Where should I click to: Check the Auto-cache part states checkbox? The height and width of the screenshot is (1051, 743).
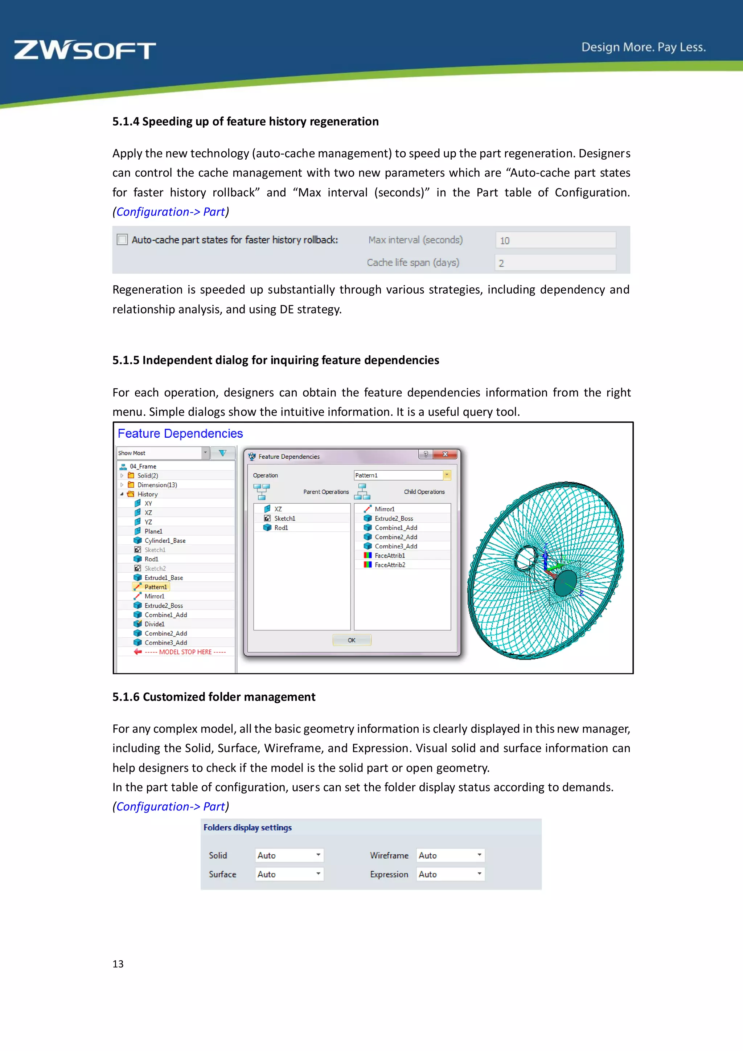point(122,240)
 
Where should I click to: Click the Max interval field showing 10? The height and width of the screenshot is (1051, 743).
point(555,240)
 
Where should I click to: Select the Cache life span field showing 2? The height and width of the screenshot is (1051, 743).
point(555,263)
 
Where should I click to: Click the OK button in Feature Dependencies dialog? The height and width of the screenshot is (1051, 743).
point(352,640)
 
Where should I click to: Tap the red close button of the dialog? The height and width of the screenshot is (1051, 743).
point(445,454)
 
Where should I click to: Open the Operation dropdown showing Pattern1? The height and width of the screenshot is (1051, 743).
point(447,475)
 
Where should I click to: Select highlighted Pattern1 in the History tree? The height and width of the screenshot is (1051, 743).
point(156,587)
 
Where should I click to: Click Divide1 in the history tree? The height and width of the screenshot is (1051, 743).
point(154,624)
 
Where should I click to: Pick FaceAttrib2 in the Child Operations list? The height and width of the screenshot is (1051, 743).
point(389,565)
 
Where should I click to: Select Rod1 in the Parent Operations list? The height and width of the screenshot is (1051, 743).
point(281,528)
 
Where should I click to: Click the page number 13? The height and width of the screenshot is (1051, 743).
point(118,964)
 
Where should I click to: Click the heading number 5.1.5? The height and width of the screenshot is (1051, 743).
point(126,360)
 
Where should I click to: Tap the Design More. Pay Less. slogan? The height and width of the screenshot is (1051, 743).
point(643,47)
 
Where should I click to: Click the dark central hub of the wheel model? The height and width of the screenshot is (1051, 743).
point(566,583)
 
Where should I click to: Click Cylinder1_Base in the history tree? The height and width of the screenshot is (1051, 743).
point(165,541)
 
